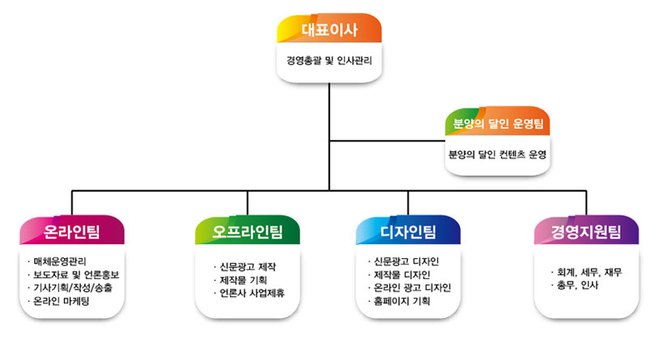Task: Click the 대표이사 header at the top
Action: point(329,28)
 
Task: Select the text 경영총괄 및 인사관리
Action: point(329,61)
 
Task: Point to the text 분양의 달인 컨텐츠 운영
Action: point(498,155)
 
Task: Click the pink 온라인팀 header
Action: point(72,231)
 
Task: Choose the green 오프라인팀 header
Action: point(248,231)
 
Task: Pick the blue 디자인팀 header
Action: point(408,231)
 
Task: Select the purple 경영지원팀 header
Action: point(586,231)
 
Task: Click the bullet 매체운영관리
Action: point(57,261)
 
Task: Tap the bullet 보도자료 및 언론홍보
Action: point(73,275)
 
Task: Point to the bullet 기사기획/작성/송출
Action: point(70,288)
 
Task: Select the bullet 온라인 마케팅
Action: point(58,301)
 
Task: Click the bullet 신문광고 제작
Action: point(244,267)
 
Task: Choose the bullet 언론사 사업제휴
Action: point(249,293)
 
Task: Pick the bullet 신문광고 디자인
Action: point(403,261)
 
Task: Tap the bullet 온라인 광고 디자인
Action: point(410,288)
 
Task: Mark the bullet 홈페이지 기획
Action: point(399,301)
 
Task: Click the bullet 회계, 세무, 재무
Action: point(586,272)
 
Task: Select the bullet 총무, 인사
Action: point(575,286)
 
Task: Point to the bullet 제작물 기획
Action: point(240,280)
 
